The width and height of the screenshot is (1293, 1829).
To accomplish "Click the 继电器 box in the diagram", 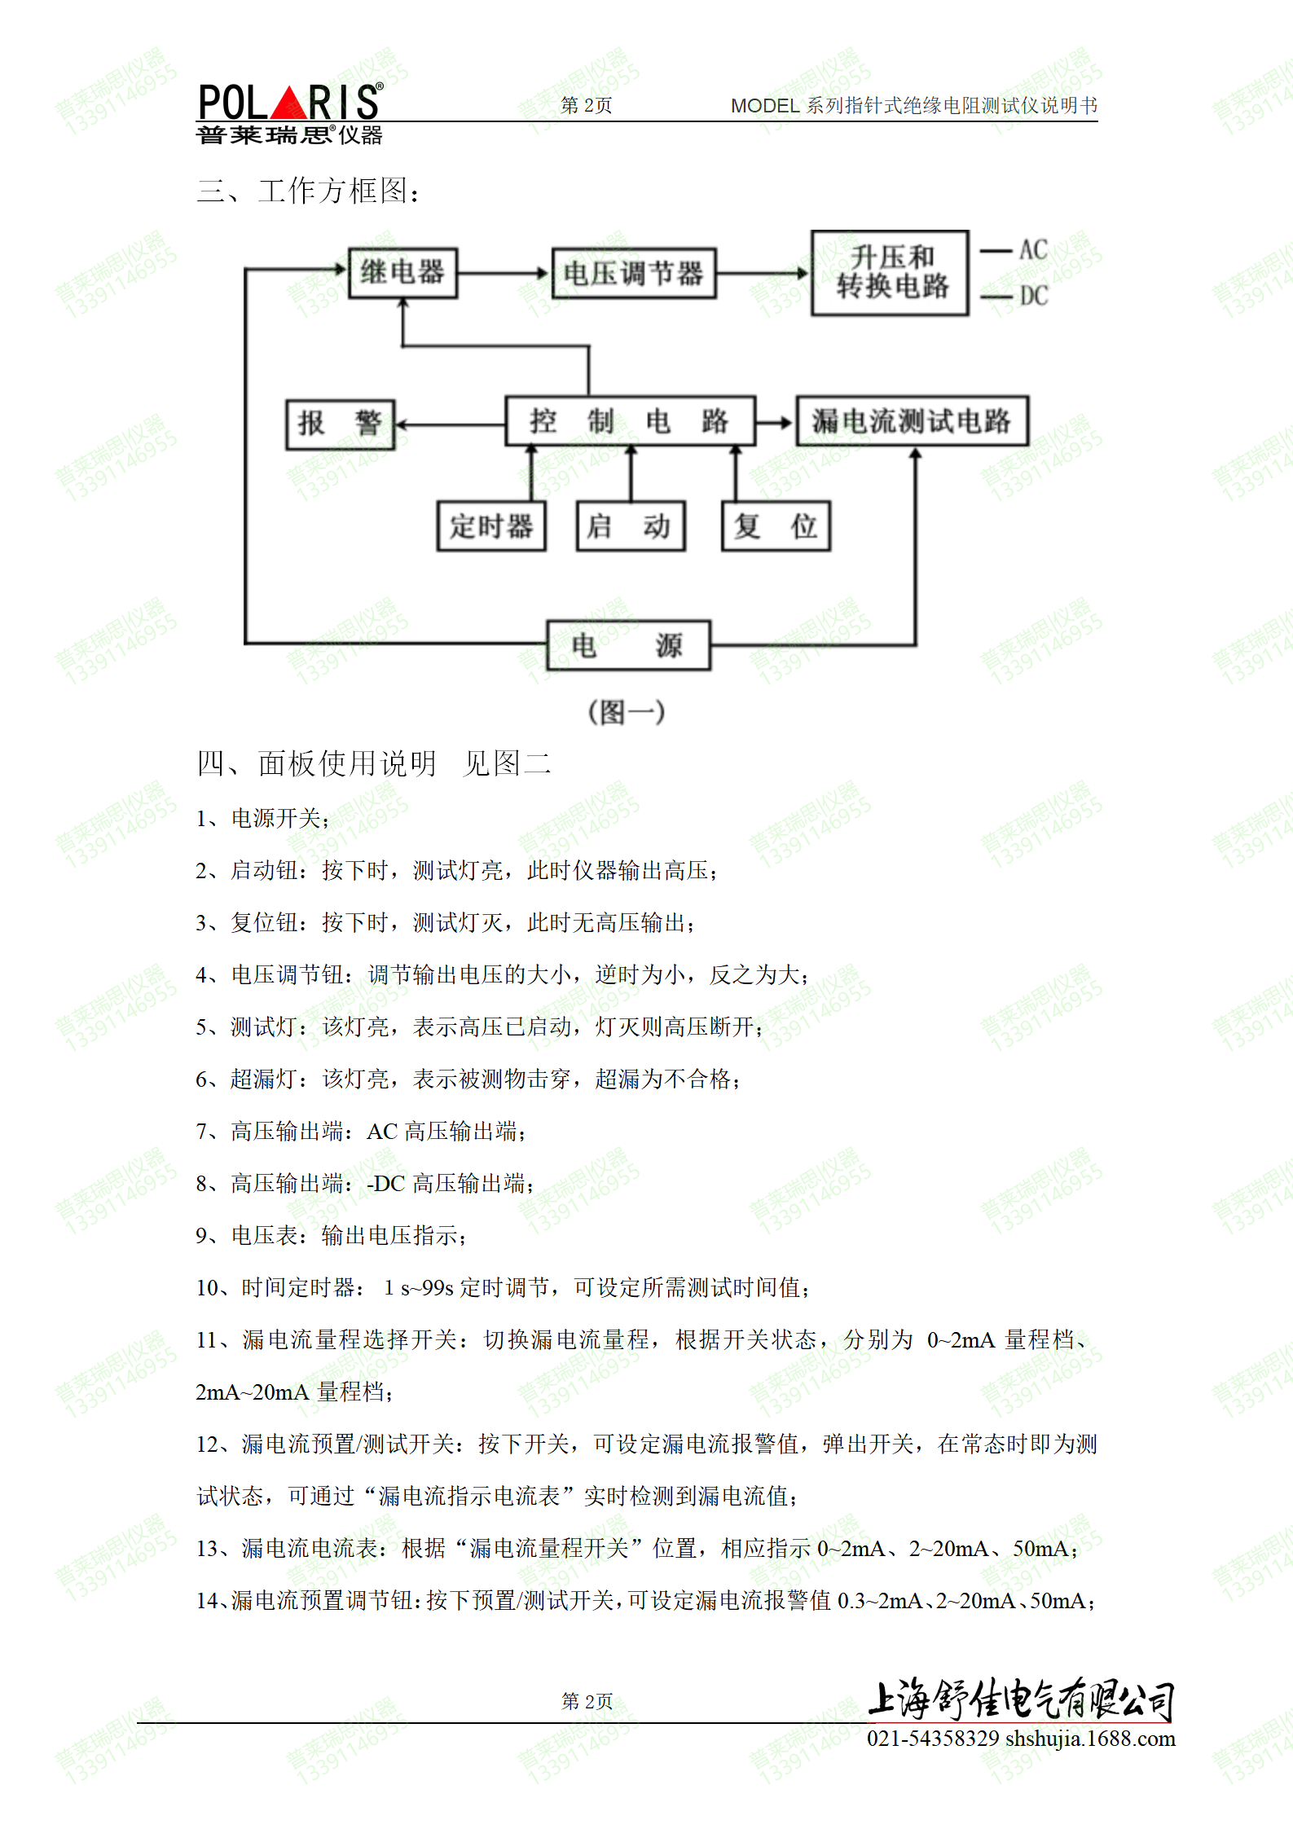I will coord(402,273).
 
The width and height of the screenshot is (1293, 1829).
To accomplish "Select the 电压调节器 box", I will coord(633,273).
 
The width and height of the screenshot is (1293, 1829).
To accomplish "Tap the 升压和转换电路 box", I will coord(891,272).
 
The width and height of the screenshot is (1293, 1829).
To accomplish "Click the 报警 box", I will coord(340,424).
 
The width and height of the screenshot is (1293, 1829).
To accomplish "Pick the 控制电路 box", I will coord(630,421).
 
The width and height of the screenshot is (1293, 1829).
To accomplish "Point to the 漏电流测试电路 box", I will coord(912,421).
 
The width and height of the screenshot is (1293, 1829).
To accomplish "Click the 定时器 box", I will coord(491,526).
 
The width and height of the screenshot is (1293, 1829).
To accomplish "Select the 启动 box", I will coord(630,526).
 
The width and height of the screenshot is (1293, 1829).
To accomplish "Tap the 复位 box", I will coord(776,526).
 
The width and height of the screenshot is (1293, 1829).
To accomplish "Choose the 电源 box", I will coord(628,645).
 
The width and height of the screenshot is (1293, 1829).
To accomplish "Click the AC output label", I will coord(1033,250).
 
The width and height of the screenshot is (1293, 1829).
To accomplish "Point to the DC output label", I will coord(1033,296).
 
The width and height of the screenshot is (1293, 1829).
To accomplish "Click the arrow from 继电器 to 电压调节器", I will coord(504,273).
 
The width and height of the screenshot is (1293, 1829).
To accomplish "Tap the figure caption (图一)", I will coord(627,712).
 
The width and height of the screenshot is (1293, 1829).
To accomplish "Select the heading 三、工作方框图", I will coord(309,191).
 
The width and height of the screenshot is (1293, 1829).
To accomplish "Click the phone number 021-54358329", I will coord(932,1739).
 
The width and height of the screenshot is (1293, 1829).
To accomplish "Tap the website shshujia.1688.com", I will coord(1090,1739).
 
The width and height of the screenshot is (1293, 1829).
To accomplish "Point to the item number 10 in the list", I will coord(208,1288).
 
